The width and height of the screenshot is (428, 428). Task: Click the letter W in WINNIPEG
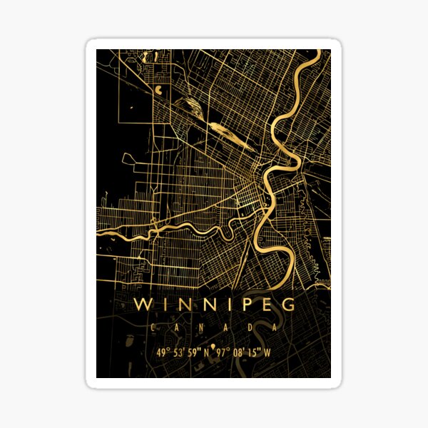[x=143, y=305]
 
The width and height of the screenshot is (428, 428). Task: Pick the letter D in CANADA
[x=250, y=327]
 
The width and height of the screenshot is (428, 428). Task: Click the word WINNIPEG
[x=214, y=305]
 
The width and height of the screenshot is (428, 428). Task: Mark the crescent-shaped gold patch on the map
[x=157, y=91]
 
